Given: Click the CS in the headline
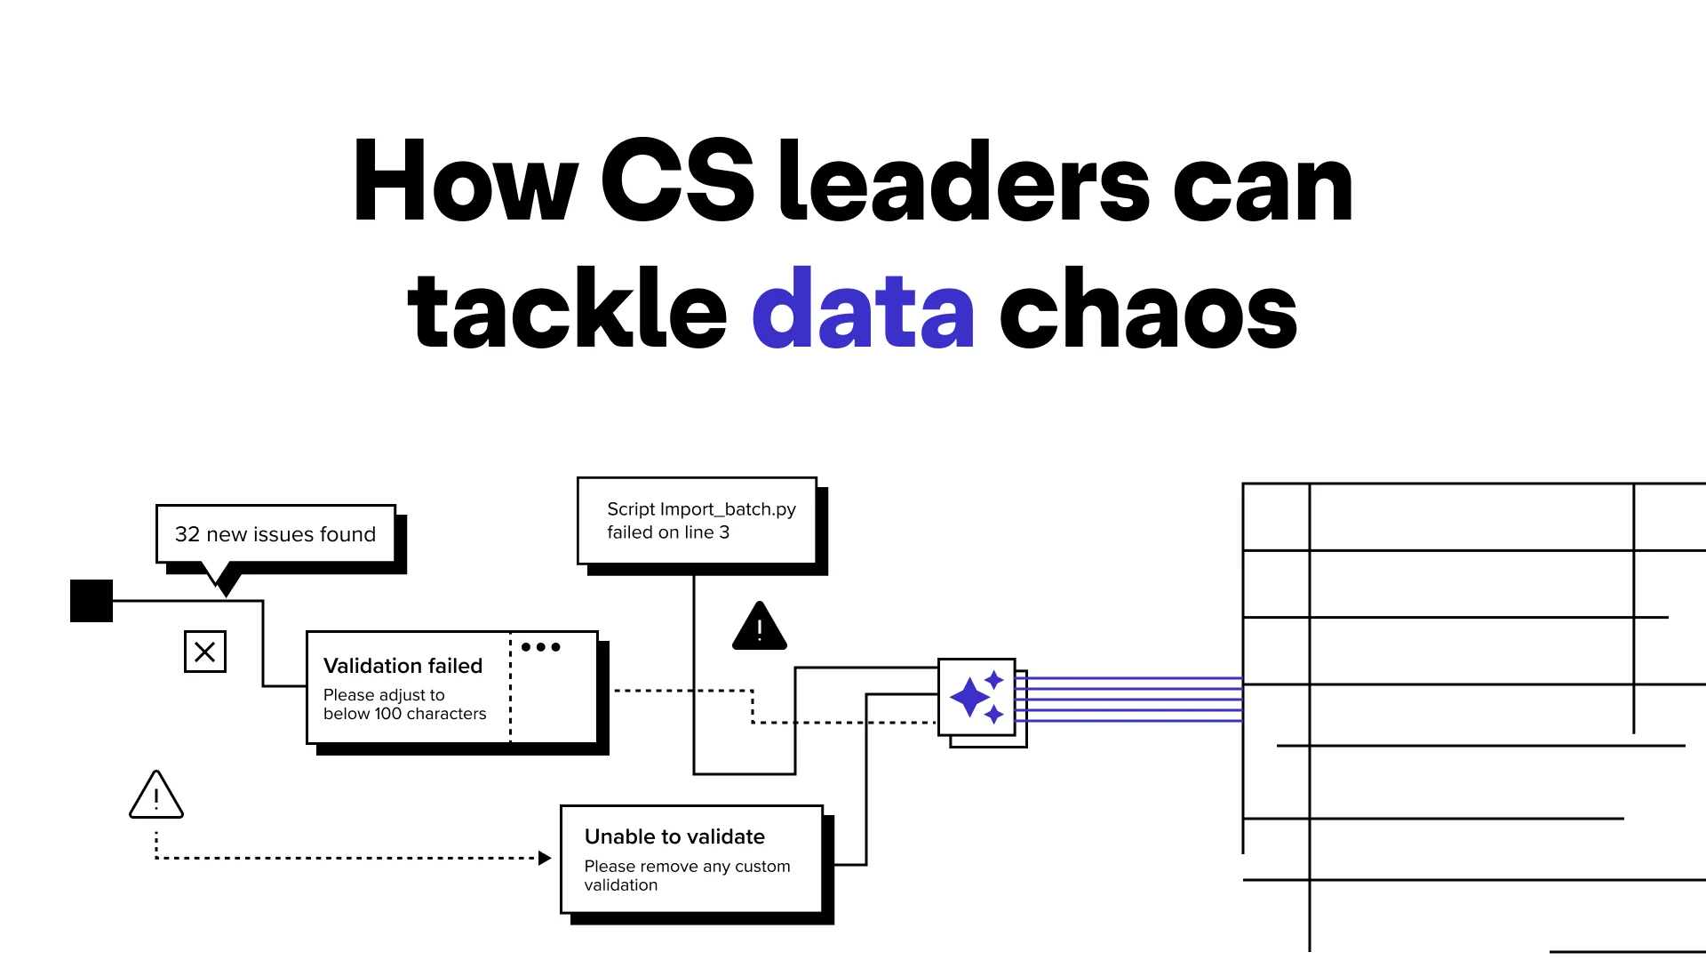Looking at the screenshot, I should (677, 183).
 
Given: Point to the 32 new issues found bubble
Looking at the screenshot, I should (275, 534).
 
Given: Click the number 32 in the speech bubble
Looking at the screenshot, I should (187, 534).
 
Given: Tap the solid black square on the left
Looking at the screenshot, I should (92, 601).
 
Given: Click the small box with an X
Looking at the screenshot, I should (205, 652).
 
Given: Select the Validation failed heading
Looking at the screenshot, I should (403, 666).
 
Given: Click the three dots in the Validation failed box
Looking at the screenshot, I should (541, 647).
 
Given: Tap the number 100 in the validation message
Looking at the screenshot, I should (388, 714).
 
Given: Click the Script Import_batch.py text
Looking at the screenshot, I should (701, 509).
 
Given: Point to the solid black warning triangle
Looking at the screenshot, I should (760, 628).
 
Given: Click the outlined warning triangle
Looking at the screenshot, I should (156, 796).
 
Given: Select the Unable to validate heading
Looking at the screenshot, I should (674, 836).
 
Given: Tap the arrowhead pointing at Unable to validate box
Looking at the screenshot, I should (545, 858).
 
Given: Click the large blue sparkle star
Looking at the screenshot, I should (969, 697).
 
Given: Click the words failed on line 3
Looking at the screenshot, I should (668, 532).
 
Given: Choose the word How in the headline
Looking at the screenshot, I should (466, 183).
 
